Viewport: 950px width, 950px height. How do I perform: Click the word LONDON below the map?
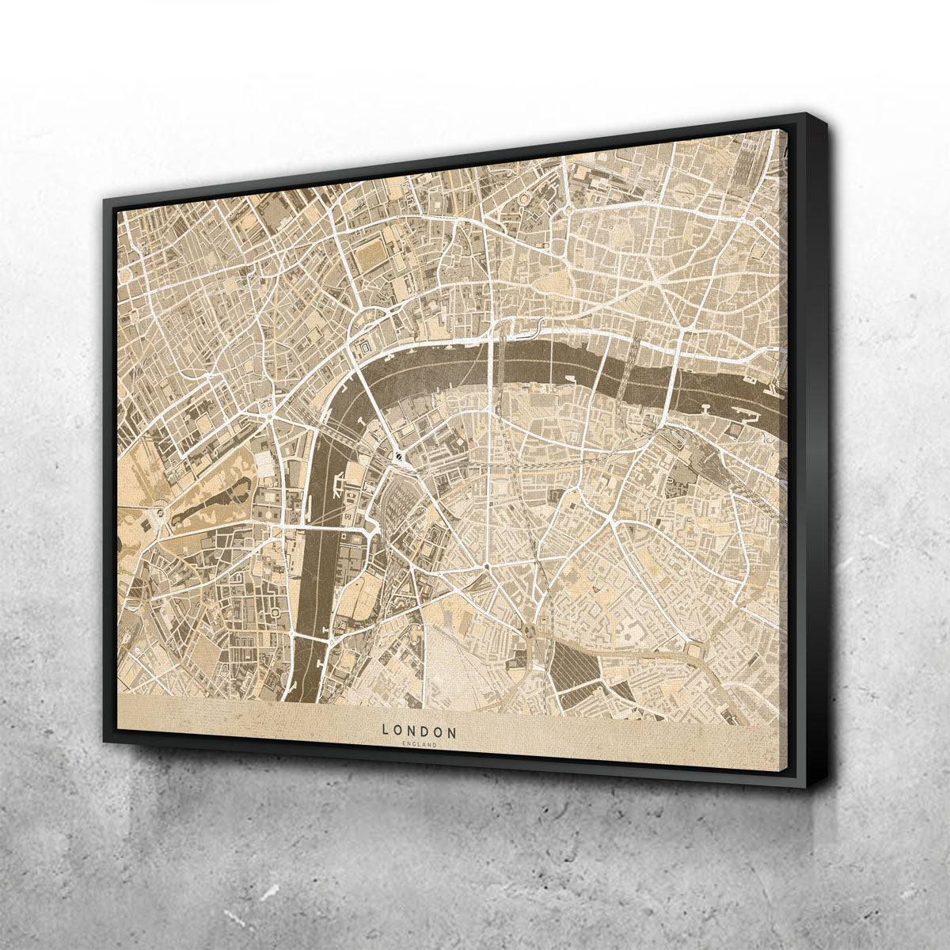[x=419, y=730]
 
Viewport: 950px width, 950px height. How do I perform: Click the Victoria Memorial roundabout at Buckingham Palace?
[x=159, y=514]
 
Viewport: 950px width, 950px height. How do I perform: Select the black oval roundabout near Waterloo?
[x=398, y=457]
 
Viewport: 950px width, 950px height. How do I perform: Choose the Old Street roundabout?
[x=568, y=210]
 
